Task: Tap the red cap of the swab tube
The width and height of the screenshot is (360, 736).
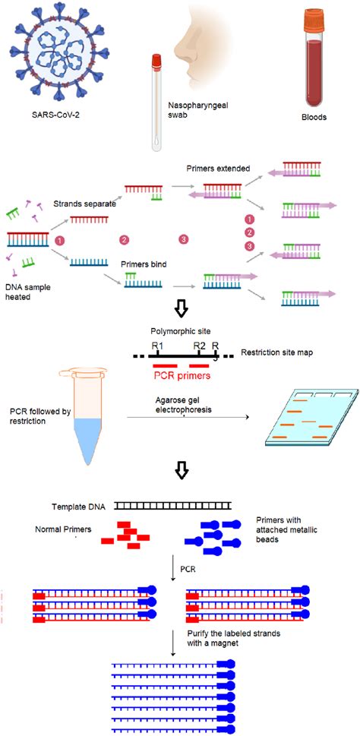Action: [156, 59]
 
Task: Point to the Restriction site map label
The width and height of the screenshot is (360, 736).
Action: [276, 353]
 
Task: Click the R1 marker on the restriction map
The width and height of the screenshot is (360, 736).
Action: [157, 346]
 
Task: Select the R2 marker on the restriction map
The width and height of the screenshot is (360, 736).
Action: [200, 346]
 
